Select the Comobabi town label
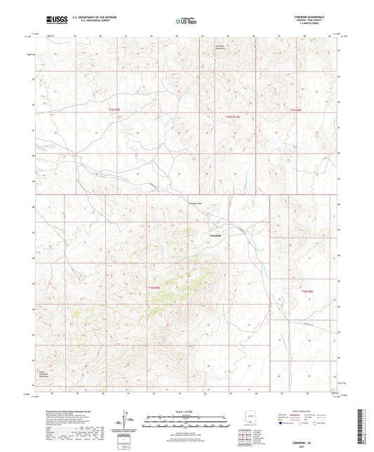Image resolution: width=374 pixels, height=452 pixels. pyautogui.click(x=216, y=234)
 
